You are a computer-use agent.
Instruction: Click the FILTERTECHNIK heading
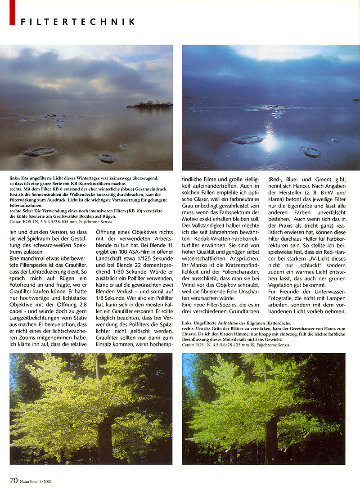[x=77, y=22]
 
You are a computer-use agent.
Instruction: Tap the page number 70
[x=13, y=480]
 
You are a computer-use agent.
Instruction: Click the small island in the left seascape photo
[x=149, y=104]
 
